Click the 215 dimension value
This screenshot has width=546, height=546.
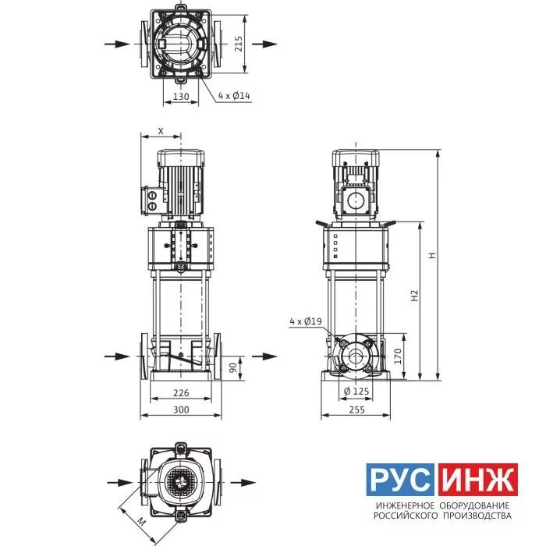click(x=239, y=44)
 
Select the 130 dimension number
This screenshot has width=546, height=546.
click(x=181, y=96)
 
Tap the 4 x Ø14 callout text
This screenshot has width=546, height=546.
click(x=234, y=95)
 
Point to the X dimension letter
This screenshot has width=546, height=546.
click(x=161, y=131)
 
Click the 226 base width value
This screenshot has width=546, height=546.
click(x=181, y=393)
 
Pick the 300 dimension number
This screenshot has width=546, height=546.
click(x=181, y=409)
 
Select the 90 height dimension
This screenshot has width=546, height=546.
click(x=233, y=367)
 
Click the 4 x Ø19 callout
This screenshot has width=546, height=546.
click(x=306, y=321)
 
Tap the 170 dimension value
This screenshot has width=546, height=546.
click(x=397, y=356)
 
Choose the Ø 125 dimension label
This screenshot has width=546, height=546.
click(x=356, y=392)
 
